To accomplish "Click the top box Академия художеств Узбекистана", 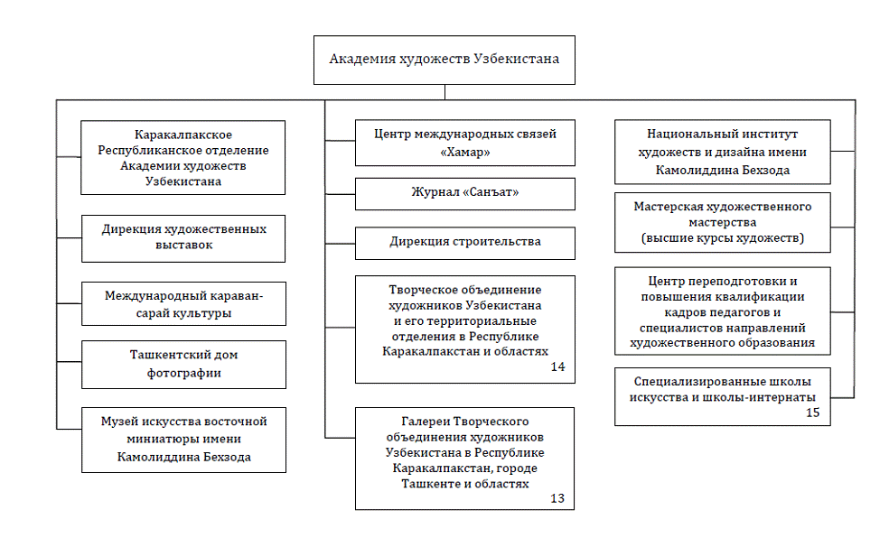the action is (x=444, y=60).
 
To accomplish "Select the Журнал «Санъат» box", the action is (x=465, y=194).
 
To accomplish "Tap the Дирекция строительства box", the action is (x=465, y=244).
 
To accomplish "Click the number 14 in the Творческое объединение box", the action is (x=558, y=367).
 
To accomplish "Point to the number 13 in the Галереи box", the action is (x=557, y=498).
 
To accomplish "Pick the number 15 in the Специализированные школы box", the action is (x=813, y=413).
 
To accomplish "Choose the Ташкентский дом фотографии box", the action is (x=183, y=365).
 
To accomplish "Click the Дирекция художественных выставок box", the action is (x=183, y=238).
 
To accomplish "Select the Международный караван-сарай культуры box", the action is (x=183, y=303).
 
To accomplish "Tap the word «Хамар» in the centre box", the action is (x=465, y=152).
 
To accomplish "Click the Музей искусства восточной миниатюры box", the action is (x=183, y=440).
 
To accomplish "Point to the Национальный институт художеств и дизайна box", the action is (x=723, y=152).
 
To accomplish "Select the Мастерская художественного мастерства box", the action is (x=723, y=223).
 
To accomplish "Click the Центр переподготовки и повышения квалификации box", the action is (x=723, y=311).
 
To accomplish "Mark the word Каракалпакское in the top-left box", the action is (x=183, y=134).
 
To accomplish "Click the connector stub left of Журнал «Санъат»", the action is (x=341, y=194).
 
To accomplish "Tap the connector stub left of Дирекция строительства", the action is (x=341, y=244).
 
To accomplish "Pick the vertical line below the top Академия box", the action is (x=445, y=92).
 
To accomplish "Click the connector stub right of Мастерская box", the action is (x=843, y=227).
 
